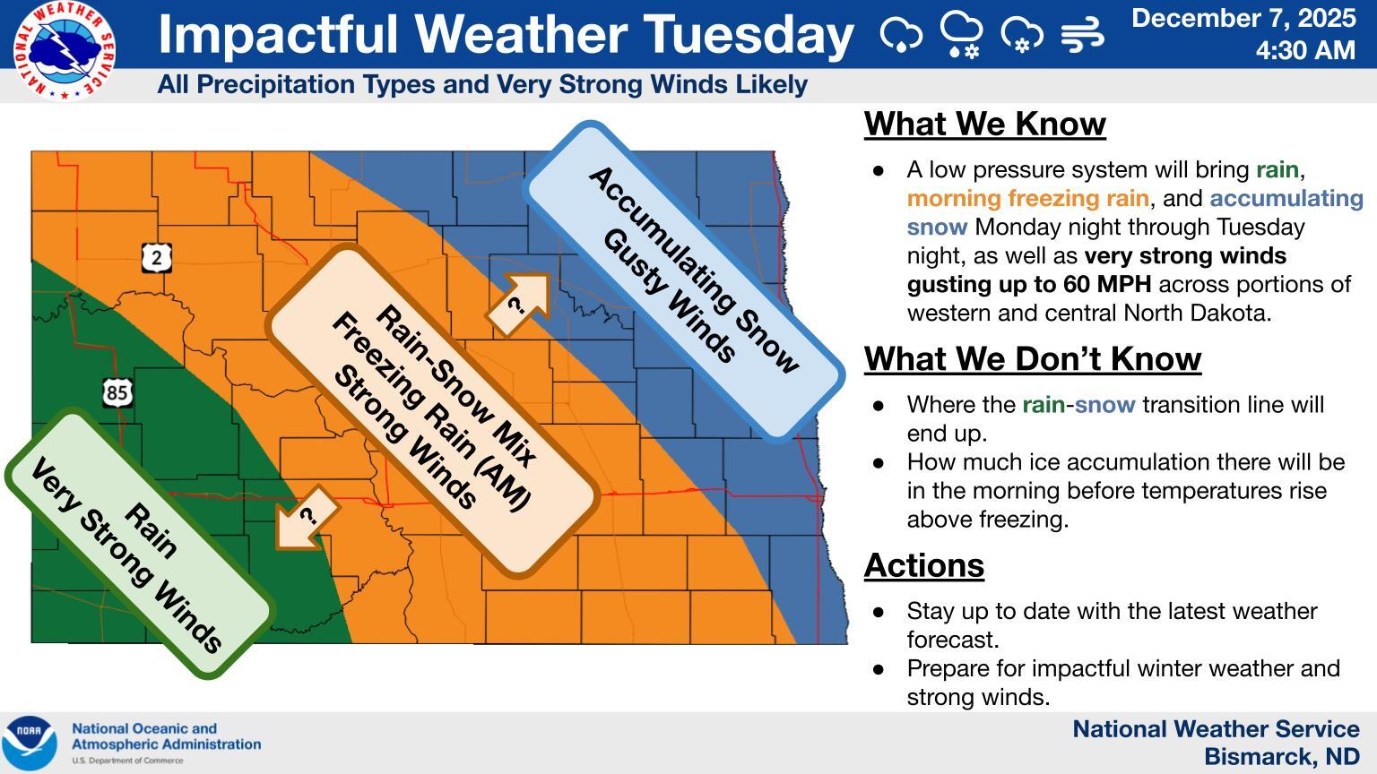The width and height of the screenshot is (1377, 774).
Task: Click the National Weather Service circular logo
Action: tap(64, 50)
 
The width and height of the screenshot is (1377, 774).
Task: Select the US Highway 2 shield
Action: tap(157, 258)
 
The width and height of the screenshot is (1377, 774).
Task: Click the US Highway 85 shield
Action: tap(117, 392)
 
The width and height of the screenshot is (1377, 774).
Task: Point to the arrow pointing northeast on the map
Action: tap(519, 305)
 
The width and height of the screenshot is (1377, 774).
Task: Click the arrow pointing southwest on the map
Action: tap(306, 517)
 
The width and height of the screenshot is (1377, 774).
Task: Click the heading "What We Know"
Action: tap(985, 124)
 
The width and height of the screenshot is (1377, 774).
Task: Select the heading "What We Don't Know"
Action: tap(1033, 358)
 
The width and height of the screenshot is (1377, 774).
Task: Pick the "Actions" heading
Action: tap(924, 565)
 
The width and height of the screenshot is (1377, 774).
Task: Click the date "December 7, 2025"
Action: tap(1243, 19)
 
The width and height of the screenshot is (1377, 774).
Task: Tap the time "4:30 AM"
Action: tap(1305, 50)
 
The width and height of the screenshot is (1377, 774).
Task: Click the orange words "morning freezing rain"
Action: tap(1028, 198)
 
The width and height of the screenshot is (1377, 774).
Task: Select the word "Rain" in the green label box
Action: tap(151, 530)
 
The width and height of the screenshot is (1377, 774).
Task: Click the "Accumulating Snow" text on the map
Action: tap(694, 270)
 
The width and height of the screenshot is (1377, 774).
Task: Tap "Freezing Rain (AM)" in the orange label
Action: tap(431, 411)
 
